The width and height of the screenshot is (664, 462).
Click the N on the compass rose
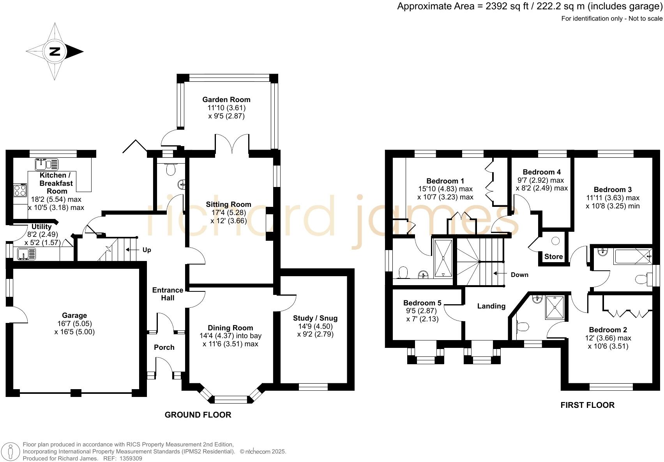pos(55,51)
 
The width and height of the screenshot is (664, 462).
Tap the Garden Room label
pos(226,100)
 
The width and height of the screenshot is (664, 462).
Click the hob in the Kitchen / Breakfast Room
pos(20,190)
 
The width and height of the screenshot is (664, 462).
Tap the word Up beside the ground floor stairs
pos(147,250)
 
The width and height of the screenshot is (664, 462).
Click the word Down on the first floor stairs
pos(519,275)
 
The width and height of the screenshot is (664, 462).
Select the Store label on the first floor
pos(553,256)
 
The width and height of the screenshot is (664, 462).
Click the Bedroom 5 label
pos(422,303)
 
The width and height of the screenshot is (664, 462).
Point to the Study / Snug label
pos(315,318)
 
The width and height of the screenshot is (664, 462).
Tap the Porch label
pos(164,347)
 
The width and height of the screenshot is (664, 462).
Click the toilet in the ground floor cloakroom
pos(171,169)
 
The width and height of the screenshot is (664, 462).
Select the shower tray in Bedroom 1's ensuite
pos(443,258)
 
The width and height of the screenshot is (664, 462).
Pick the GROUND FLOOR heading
pos(198,415)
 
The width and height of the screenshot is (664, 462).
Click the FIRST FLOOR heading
pos(587,405)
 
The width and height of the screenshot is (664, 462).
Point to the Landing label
pos(491,306)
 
